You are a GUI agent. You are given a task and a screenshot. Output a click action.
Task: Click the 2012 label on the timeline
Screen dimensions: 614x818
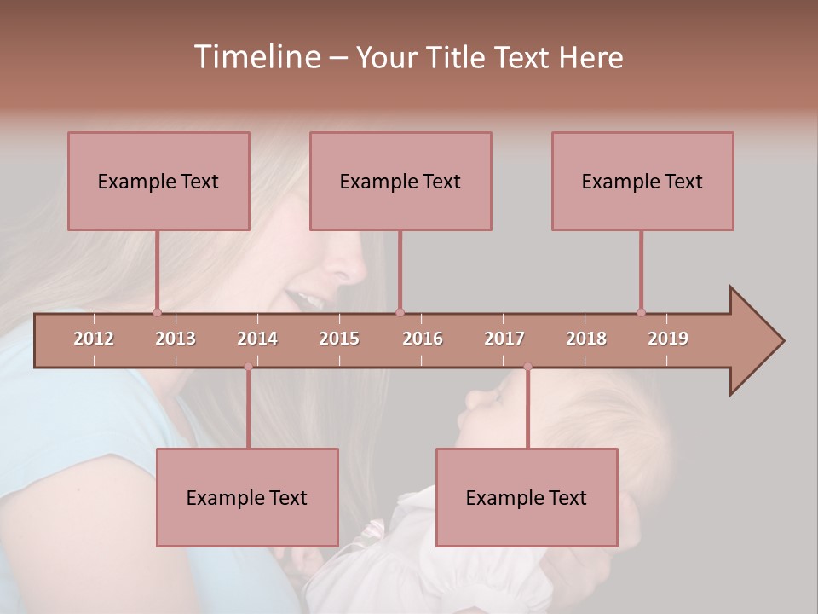pos(94,339)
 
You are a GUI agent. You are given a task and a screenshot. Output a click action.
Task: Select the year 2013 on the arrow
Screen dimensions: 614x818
pos(176,339)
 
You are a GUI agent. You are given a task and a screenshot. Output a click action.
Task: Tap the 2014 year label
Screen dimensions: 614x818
pos(257,339)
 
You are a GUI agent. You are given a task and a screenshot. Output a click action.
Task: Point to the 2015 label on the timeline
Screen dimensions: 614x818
pos(339,339)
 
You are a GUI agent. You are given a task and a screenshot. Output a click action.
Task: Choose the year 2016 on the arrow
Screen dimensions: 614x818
pos(423,339)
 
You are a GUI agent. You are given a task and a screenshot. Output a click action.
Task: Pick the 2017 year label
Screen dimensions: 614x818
pos(504,339)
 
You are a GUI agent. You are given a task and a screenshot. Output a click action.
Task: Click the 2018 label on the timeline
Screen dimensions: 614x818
pos(586,339)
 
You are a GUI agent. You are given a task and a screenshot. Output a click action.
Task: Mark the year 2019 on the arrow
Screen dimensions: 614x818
pos(668,339)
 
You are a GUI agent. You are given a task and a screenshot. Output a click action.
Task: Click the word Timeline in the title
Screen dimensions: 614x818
pos(256,57)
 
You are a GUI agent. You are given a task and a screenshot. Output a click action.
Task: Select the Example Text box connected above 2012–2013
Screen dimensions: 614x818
pos(158,181)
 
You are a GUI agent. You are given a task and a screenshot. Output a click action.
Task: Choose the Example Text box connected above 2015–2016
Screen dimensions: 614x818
pos(400,181)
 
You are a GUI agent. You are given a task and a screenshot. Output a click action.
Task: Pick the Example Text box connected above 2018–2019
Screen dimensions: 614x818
pos(642,181)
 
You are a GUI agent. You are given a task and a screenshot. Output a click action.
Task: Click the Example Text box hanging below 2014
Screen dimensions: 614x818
pos(247,497)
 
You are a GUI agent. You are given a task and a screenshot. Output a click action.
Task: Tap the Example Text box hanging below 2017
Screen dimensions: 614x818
pos(527,497)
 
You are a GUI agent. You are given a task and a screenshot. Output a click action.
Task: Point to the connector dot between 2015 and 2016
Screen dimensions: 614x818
pos(400,312)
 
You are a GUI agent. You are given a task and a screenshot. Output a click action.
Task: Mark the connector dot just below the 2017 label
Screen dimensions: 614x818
pos(527,367)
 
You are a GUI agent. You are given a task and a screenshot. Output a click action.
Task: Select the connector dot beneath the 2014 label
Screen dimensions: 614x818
pos(248,367)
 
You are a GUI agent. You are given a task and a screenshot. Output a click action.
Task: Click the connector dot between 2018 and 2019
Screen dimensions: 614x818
pos(642,312)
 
